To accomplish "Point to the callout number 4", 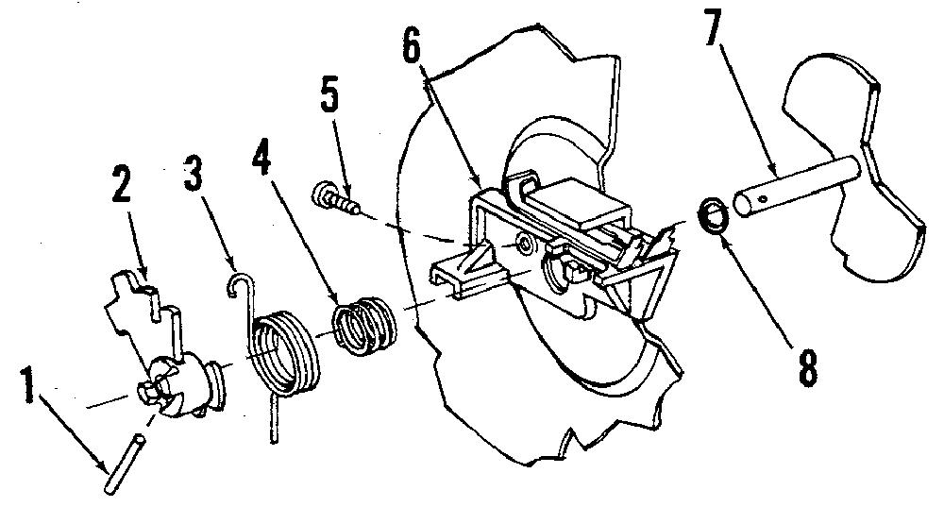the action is (261, 154).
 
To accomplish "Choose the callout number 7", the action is (712, 27).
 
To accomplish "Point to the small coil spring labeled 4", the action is (364, 325).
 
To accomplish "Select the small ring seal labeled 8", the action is (714, 216).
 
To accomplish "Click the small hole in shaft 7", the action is (763, 198).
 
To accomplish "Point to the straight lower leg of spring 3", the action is (274, 419).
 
